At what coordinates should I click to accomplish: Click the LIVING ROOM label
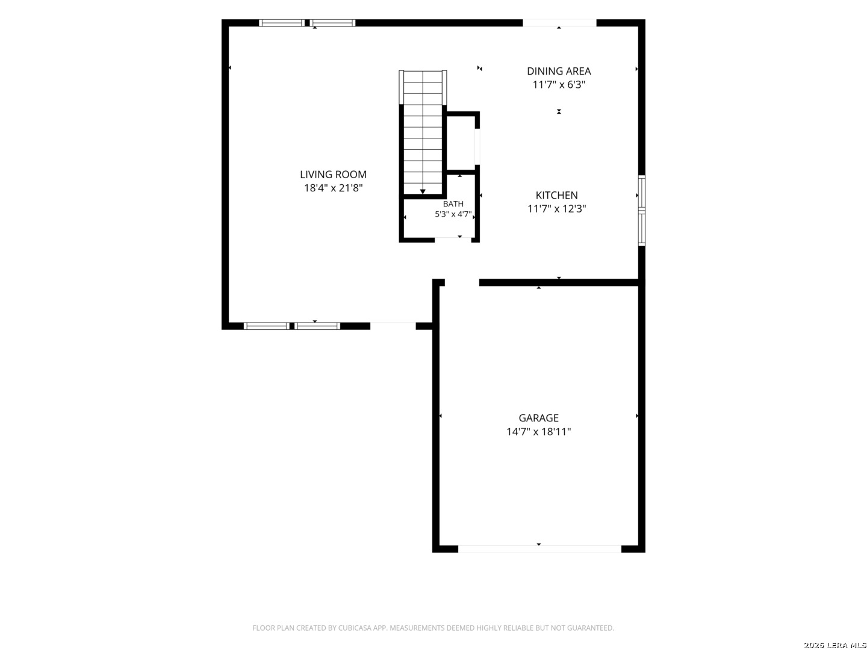[333, 174]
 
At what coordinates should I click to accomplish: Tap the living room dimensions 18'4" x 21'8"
[333, 188]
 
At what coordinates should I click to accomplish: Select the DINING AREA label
[559, 71]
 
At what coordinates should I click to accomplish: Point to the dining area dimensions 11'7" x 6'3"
[559, 84]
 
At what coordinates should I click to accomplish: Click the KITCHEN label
[556, 195]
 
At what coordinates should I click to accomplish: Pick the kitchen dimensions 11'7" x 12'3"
[556, 209]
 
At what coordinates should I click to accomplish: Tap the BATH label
[453, 204]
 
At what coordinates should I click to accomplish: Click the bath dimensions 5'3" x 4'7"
[453, 214]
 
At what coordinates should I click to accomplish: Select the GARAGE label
[538, 418]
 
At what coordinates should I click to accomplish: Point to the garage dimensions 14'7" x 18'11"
[538, 432]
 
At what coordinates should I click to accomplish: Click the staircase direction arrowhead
[423, 192]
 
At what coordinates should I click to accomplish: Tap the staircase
[423, 132]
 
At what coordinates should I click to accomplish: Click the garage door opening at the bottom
[539, 548]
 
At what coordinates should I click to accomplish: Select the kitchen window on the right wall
[642, 211]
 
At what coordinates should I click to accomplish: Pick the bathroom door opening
[453, 240]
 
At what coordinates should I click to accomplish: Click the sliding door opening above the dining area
[559, 23]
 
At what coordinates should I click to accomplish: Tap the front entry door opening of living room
[393, 326]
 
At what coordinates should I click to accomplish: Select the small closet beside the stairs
[461, 143]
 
